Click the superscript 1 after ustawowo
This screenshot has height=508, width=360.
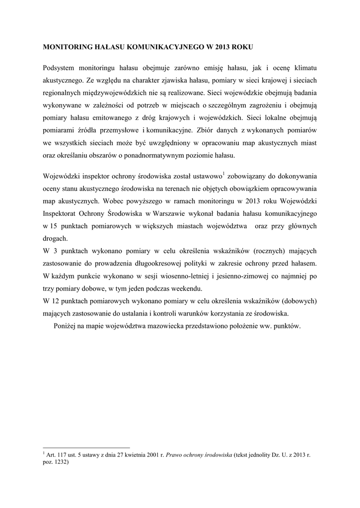(x=223, y=173)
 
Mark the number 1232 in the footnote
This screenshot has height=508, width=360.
(x=60, y=461)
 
